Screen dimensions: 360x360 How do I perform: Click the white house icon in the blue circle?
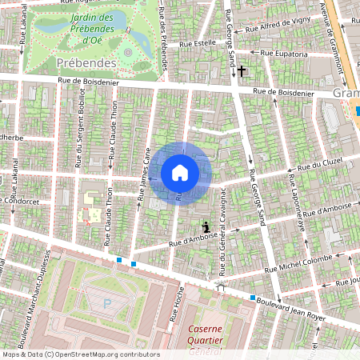pos(180,173)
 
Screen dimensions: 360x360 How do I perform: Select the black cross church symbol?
pos(241,71)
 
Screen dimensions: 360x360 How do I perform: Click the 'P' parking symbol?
pos(107,303)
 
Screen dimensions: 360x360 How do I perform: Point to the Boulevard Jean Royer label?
pos(301,305)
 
